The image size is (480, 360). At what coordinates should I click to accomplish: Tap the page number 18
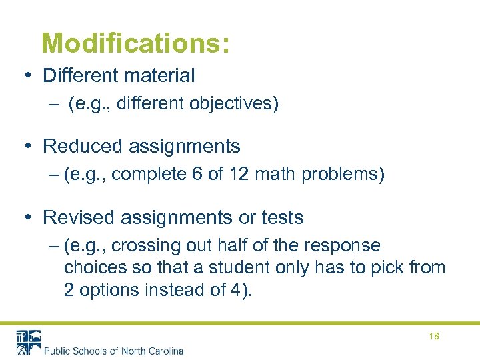(434, 336)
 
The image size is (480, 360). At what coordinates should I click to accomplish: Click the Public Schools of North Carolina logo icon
(29, 342)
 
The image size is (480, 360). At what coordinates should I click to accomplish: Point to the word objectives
(233, 103)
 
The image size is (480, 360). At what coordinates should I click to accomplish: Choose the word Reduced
(74, 145)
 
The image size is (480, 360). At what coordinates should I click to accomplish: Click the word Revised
(73, 217)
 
